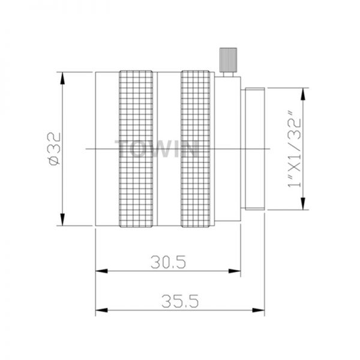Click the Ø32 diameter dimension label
(x=54, y=149)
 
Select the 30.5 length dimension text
(x=168, y=262)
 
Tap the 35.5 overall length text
(x=180, y=301)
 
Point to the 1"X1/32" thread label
(x=294, y=149)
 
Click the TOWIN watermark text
(x=157, y=149)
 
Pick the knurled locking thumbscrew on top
(x=228, y=59)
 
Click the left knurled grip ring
(x=136, y=149)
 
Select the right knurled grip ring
(x=196, y=149)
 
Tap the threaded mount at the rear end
(x=255, y=149)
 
